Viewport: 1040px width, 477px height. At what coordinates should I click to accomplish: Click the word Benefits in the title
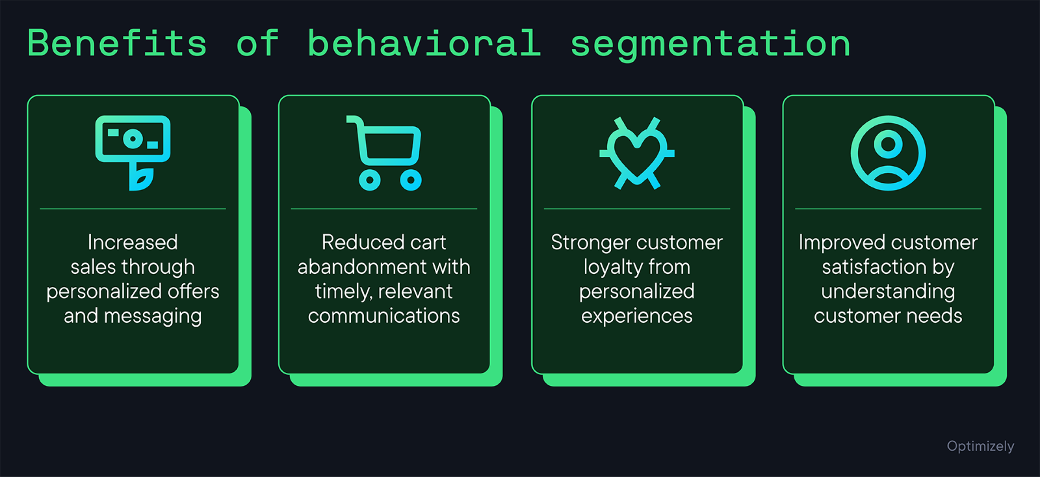point(118,44)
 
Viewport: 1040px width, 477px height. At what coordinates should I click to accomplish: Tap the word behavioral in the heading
point(424,44)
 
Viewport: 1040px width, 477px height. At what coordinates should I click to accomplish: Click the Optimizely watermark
point(980,446)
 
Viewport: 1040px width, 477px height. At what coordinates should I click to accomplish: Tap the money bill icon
point(133,139)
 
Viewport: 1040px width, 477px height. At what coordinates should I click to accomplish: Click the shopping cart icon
point(385,152)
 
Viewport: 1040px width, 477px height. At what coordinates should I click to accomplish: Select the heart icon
point(637,154)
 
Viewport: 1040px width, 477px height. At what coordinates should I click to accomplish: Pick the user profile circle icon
point(888,153)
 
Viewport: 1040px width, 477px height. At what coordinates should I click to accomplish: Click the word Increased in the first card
point(133,243)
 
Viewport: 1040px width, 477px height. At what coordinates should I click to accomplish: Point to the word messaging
point(153,317)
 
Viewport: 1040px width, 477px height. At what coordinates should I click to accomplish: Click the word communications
point(383,316)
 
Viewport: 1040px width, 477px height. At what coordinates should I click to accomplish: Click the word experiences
point(636,316)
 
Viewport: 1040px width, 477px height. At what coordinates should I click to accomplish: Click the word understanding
point(888,292)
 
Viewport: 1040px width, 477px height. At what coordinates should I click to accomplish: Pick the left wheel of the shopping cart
point(369,180)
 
